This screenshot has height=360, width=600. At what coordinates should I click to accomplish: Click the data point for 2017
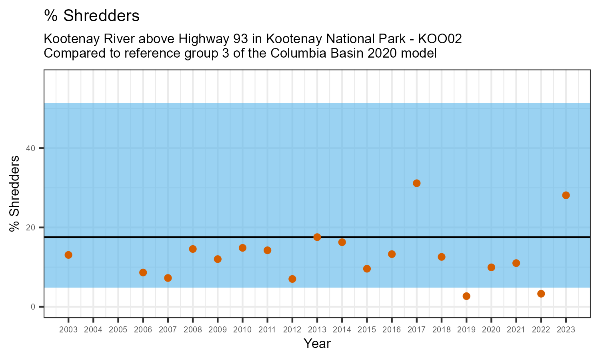[x=416, y=183]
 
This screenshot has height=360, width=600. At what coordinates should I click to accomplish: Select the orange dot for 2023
[x=566, y=195]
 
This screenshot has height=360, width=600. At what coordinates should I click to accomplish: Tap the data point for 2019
[x=466, y=296]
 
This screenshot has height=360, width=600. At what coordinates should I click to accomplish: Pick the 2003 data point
[x=68, y=255]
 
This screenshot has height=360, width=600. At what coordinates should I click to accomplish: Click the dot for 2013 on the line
[x=317, y=237]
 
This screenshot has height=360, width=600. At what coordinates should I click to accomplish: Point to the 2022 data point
[x=541, y=294]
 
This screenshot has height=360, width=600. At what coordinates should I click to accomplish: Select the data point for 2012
[x=292, y=279]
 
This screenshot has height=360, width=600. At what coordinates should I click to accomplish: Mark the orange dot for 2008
[x=193, y=249]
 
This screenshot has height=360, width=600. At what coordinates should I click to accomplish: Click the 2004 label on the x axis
[x=93, y=330]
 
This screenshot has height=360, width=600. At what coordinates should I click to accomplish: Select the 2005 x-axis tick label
[x=118, y=330]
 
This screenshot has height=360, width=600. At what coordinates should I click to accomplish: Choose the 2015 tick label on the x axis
[x=367, y=330]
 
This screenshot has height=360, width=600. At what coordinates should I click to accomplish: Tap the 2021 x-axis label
[x=516, y=330]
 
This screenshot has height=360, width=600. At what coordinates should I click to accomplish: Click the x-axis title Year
[x=317, y=344]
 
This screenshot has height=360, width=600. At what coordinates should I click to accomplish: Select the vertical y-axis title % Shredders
[x=14, y=194]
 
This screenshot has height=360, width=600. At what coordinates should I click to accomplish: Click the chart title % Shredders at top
[x=92, y=16]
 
